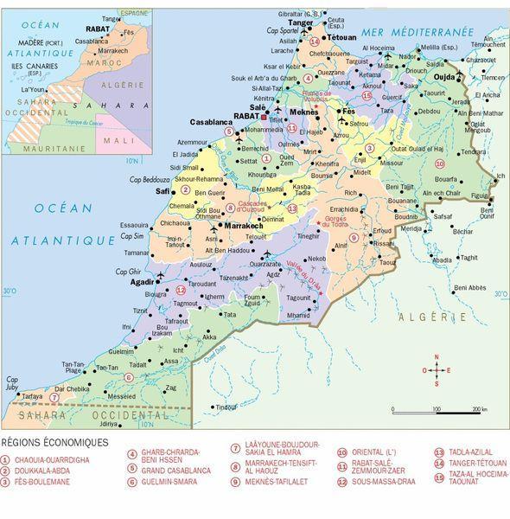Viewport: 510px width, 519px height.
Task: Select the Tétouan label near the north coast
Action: [x=340, y=39]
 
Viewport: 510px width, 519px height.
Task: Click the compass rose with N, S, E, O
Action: [x=437, y=371]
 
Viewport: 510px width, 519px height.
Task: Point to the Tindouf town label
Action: [x=226, y=407]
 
